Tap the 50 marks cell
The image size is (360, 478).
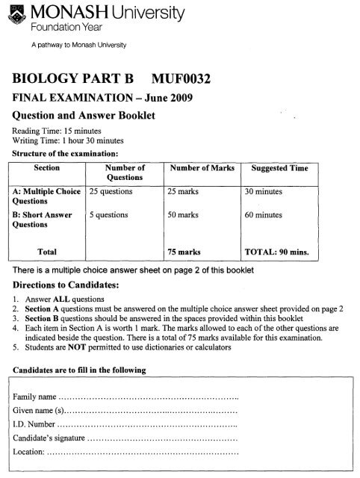coord(184,214)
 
